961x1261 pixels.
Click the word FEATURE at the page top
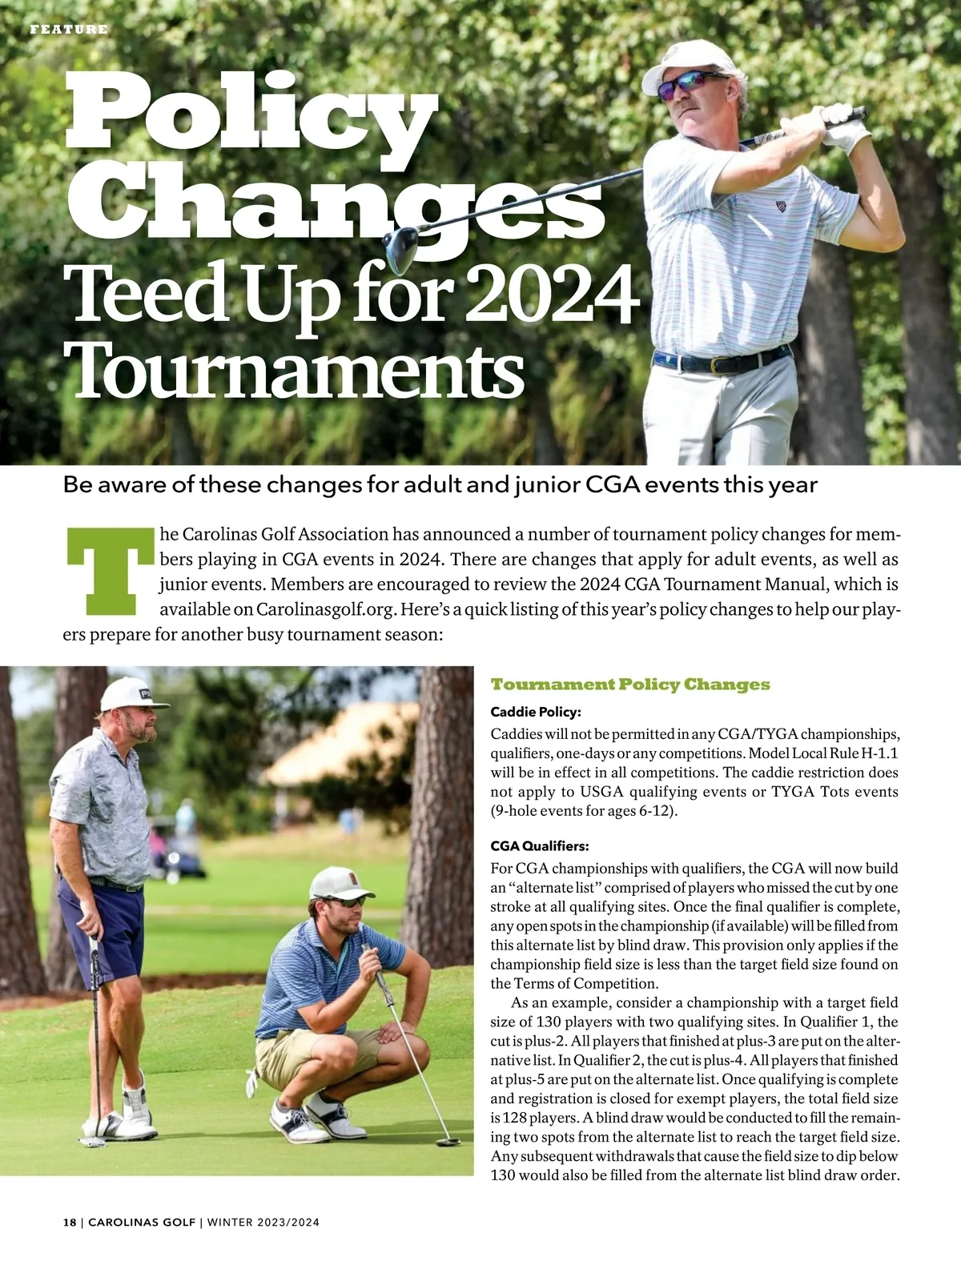click(x=68, y=30)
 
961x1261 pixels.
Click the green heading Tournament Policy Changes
click(x=629, y=685)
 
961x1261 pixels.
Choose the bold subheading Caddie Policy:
click(x=535, y=712)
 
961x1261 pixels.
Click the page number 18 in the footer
click(x=70, y=1223)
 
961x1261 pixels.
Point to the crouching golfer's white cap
click(x=340, y=883)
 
